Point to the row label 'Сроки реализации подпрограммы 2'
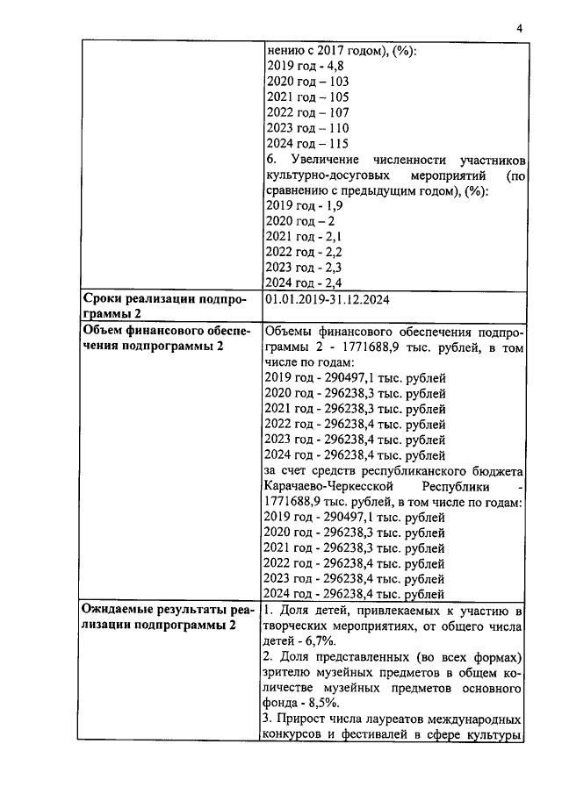point(165,306)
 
